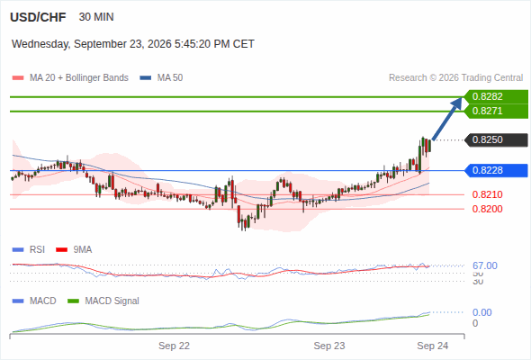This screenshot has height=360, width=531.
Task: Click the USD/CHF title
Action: (38, 17)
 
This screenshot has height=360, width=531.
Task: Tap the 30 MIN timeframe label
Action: (96, 17)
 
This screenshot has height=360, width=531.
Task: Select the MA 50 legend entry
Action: (161, 78)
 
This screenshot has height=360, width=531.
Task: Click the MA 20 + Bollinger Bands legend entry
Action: (70, 78)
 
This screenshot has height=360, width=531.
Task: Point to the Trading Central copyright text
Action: (455, 78)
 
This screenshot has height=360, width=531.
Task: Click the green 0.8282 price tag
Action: (496, 97)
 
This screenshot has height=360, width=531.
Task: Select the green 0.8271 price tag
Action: (496, 111)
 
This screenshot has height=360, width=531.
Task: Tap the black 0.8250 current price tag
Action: (496, 139)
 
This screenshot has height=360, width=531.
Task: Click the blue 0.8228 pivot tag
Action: (496, 170)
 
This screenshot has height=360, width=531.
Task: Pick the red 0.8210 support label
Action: (487, 194)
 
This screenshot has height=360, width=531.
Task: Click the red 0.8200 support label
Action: (487, 209)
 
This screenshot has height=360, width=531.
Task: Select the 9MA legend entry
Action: (74, 250)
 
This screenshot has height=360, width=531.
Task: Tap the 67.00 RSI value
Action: (485, 265)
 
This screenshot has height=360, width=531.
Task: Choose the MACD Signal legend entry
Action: (103, 301)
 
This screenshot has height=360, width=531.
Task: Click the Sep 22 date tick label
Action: (174, 346)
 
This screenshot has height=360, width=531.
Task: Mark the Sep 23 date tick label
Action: (329, 346)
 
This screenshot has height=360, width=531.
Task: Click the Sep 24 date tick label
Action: (433, 346)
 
